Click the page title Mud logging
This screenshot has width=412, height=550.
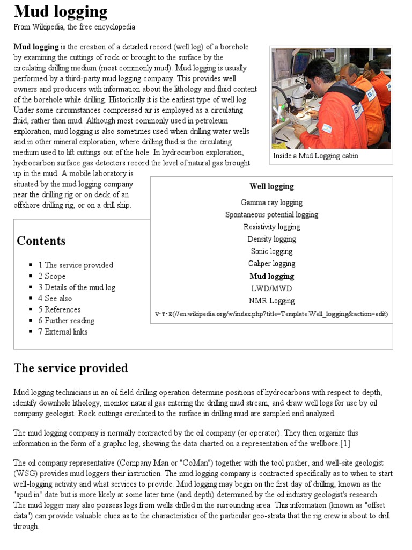point(60,11)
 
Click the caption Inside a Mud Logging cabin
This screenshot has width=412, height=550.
point(315,156)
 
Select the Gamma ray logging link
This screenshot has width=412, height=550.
point(271,202)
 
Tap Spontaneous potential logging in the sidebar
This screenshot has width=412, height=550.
point(271,215)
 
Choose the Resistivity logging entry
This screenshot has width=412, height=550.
point(271,227)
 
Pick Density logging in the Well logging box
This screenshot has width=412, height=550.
point(271,240)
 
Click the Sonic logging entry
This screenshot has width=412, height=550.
point(271,251)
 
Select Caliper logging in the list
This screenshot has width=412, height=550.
point(271,264)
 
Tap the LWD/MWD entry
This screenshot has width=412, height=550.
point(271,288)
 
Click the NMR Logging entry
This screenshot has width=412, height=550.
point(271,301)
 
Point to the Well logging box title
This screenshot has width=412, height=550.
point(271,186)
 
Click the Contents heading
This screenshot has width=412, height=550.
point(41,241)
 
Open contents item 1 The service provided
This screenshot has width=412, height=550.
point(76,265)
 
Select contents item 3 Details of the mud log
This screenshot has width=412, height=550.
point(77,287)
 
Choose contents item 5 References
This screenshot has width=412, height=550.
point(59,309)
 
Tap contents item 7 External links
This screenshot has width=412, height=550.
point(63,332)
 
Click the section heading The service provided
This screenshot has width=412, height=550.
point(70,368)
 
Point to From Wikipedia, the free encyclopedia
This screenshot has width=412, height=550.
point(74,27)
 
